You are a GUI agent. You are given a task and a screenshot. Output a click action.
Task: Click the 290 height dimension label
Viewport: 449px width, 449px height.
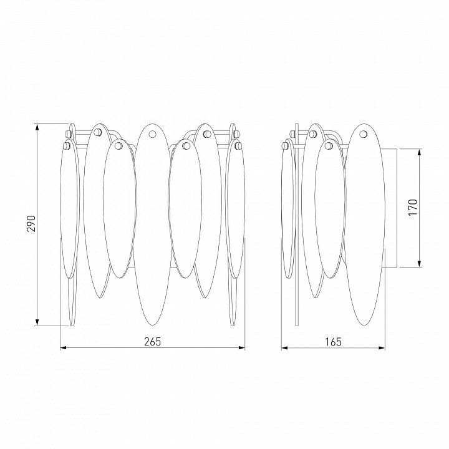[31, 224]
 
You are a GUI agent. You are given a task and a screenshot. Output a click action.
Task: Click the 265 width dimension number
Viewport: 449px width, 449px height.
[152, 342]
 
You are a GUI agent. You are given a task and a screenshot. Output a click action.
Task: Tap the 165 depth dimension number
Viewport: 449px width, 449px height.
[333, 342]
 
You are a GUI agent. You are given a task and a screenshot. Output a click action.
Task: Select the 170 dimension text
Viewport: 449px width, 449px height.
[413, 207]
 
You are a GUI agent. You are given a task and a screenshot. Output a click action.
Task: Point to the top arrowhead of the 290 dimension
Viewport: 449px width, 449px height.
[37, 127]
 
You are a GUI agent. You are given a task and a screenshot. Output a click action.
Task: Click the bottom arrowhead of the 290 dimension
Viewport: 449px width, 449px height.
[37, 322]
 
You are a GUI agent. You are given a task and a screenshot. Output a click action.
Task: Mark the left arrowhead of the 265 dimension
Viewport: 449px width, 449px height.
[63, 348]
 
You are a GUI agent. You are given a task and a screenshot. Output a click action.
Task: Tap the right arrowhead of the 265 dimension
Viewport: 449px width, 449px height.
[242, 348]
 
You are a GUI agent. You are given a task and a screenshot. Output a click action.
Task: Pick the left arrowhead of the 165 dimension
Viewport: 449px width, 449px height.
[284, 348]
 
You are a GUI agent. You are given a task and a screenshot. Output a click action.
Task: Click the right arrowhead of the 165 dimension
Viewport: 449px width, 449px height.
[382, 348]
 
